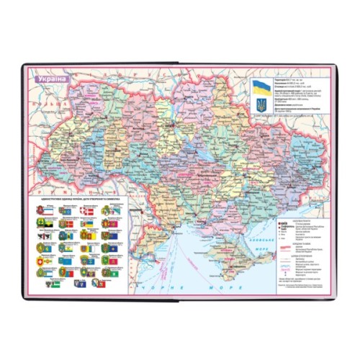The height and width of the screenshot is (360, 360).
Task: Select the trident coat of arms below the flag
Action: pyautogui.click(x=261, y=106)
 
